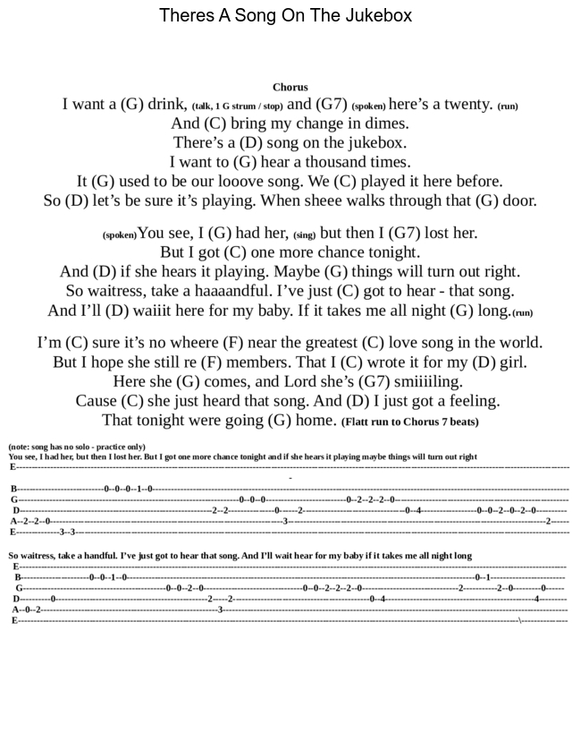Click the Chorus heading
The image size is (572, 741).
tap(290, 87)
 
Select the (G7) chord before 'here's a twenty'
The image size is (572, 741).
tap(332, 104)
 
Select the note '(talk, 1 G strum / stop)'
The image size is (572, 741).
tap(237, 106)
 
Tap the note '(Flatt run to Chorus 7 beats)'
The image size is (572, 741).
tap(410, 422)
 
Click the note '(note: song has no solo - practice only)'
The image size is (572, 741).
tap(77, 447)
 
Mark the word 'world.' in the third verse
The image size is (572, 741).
tap(520, 343)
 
